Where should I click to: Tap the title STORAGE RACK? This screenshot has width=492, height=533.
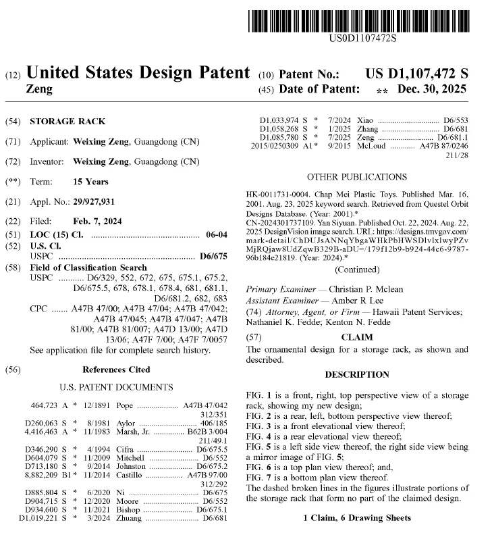tap(67, 122)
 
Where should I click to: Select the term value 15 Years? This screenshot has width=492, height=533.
tap(90, 182)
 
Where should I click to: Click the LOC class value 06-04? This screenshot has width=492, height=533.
tap(215, 234)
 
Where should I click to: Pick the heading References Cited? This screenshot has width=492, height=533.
tap(116, 370)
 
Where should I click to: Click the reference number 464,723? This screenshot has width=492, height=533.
tap(46, 406)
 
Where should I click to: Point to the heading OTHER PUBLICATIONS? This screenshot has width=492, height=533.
tap(357, 177)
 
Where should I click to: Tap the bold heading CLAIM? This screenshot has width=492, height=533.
tap(357, 336)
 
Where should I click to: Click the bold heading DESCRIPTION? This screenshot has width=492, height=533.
tap(357, 374)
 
